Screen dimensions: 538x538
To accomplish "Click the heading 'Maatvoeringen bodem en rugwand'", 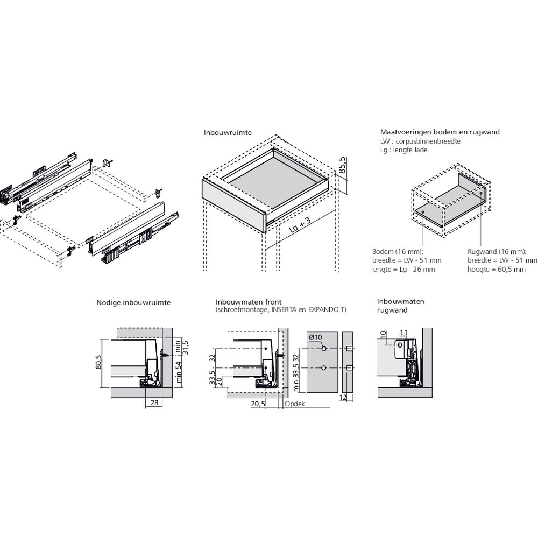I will [x=440, y=132].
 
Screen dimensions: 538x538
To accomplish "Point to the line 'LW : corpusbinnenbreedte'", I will [x=420, y=141].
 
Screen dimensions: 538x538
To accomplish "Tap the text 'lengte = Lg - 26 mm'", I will [x=403, y=270].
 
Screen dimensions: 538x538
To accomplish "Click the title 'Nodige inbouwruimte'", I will [x=133, y=302].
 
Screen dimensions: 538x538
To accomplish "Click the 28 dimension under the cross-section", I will [x=153, y=402].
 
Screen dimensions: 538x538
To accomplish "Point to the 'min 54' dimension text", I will [x=179, y=371].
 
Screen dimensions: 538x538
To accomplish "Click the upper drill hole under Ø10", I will [x=324, y=349].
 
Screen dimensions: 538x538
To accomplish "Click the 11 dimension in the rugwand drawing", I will [x=403, y=332].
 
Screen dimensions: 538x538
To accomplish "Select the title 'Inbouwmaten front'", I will [x=249, y=302].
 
